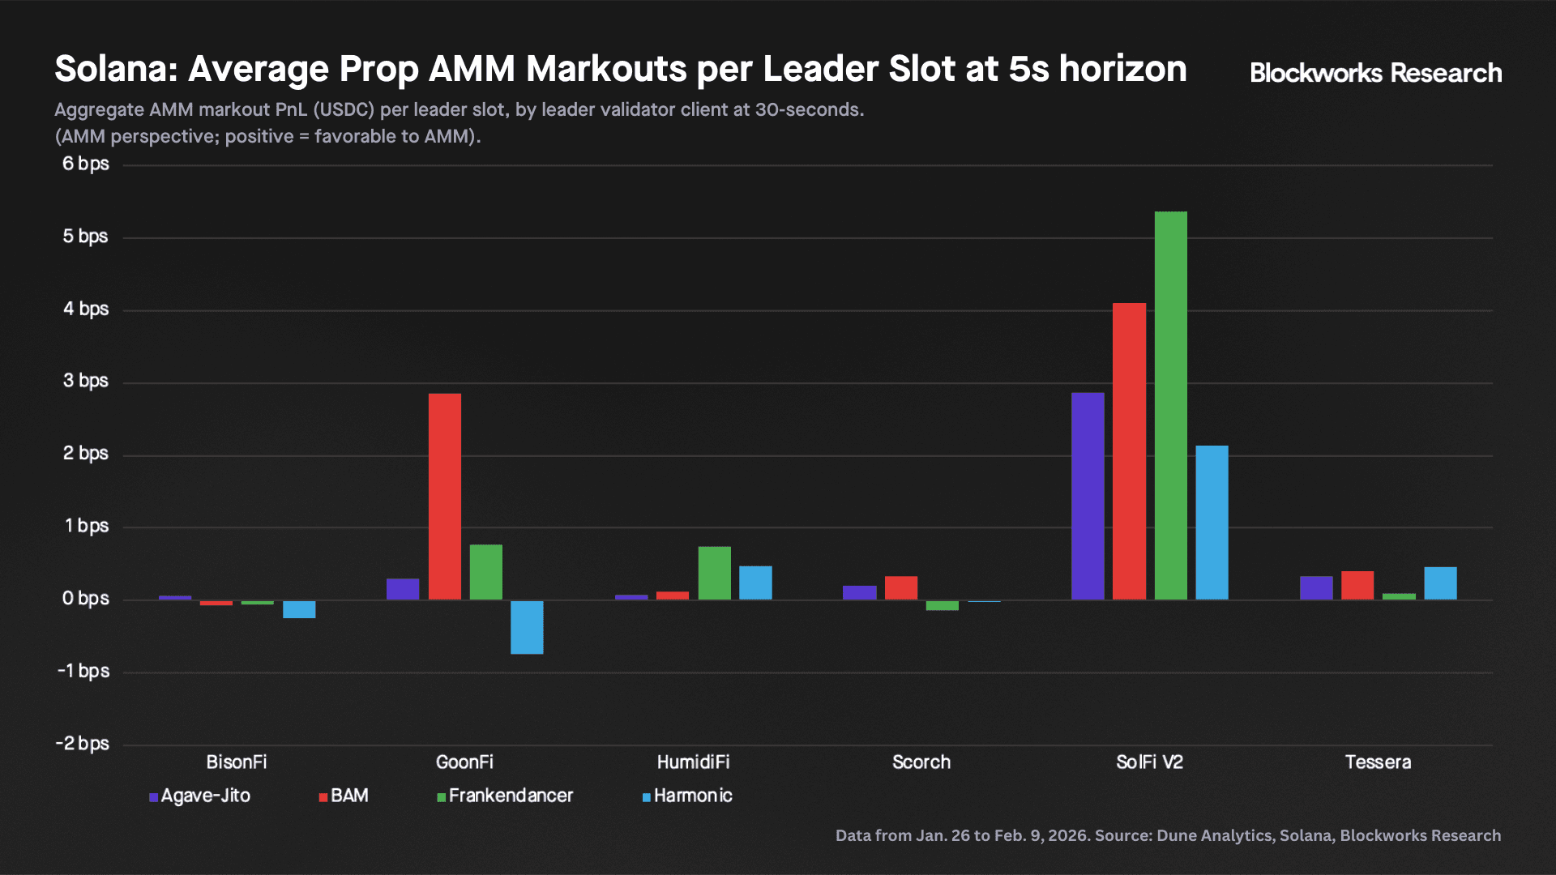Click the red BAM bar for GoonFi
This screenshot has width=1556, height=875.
[x=444, y=496]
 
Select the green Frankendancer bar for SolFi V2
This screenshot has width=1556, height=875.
[x=1170, y=405]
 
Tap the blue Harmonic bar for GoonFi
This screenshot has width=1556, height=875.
[x=527, y=627]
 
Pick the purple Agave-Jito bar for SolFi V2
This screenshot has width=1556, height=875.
[x=1088, y=496]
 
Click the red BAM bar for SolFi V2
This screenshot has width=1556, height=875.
[x=1129, y=451]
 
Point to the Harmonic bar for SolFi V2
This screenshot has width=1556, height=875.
[x=1212, y=523]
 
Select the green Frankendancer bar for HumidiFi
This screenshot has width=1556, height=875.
[x=714, y=573]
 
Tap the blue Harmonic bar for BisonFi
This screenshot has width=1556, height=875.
[x=299, y=609]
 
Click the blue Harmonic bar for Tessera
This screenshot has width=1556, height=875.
[x=1440, y=583]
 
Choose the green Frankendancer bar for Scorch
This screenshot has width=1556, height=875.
[x=942, y=605]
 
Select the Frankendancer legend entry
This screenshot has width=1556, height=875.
[x=505, y=796]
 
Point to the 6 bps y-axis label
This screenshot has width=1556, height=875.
[x=85, y=164]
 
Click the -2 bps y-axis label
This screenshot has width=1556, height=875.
[x=82, y=743]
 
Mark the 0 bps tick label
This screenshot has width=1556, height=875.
[x=85, y=598]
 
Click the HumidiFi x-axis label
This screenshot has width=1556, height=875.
[x=693, y=762]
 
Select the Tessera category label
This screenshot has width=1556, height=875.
[x=1378, y=762]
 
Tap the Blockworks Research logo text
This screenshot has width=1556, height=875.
[x=1375, y=73]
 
